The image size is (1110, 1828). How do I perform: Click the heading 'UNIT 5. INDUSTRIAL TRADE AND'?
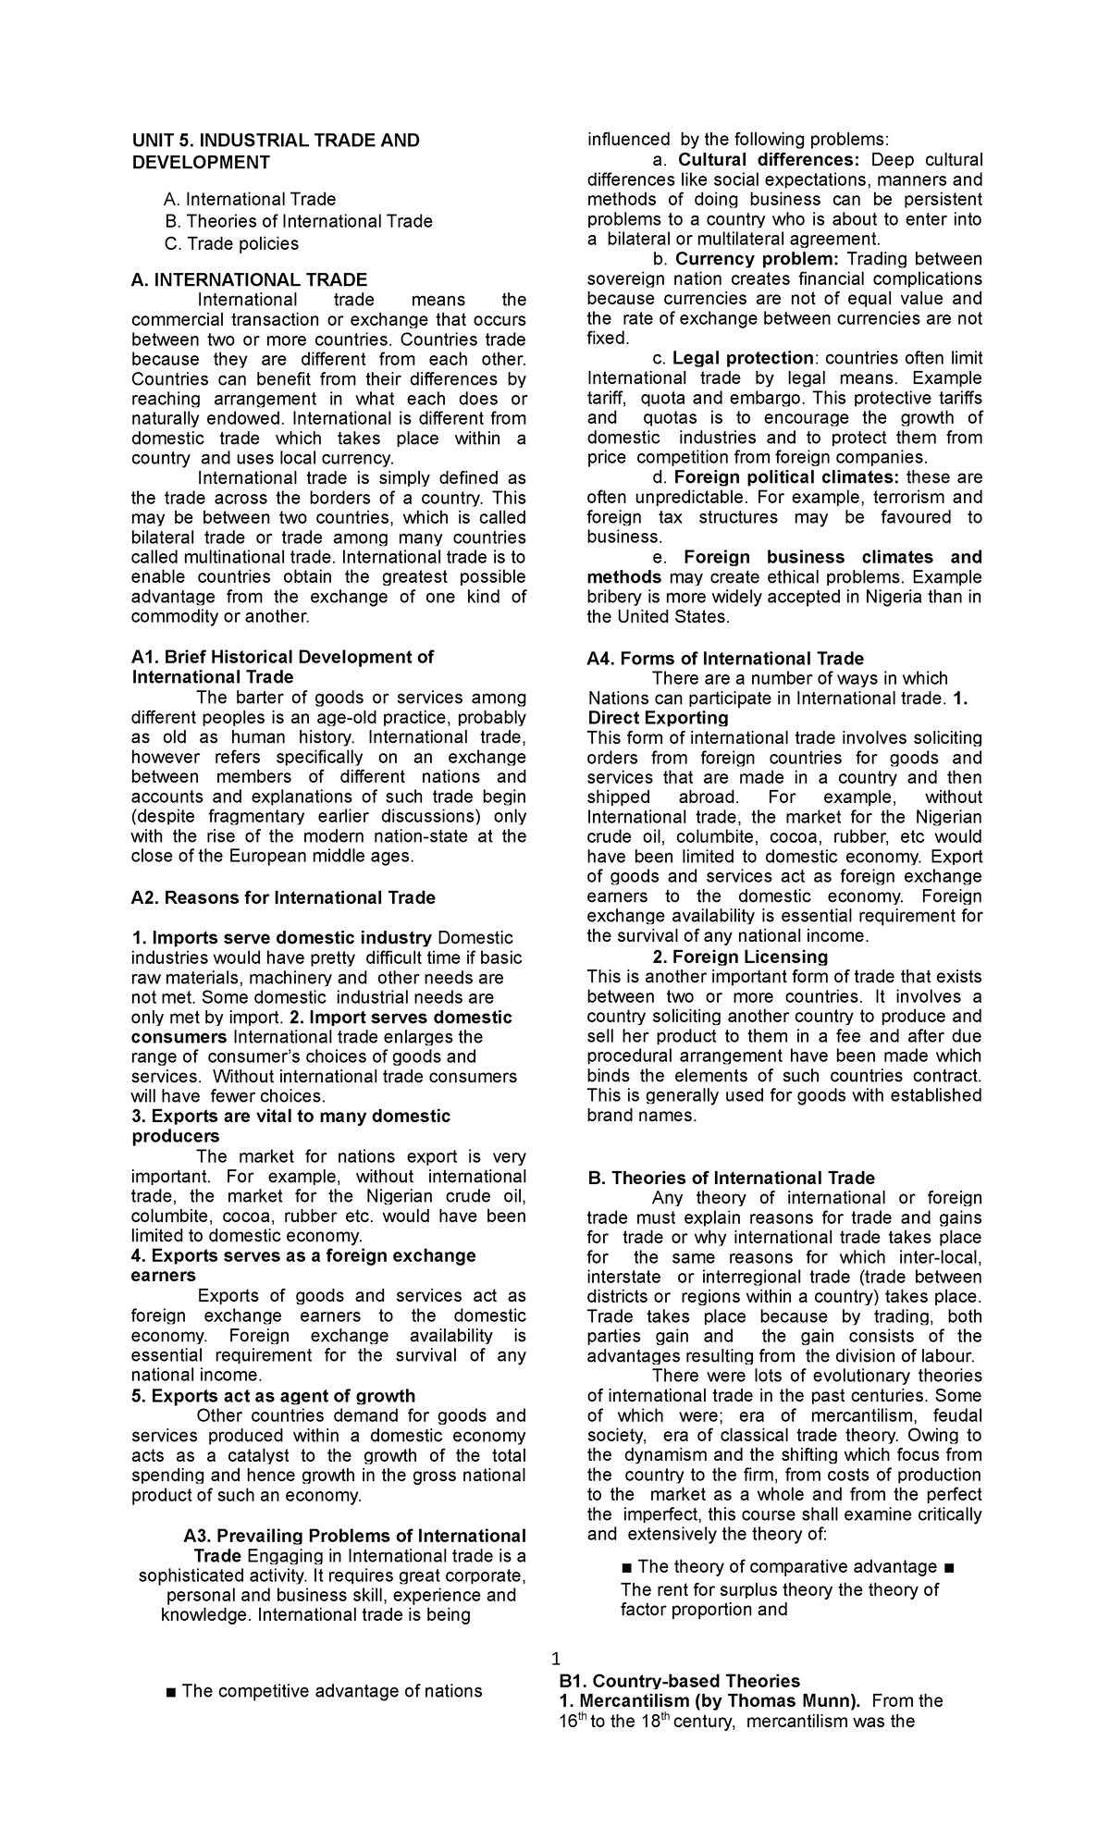pyautogui.click(x=275, y=141)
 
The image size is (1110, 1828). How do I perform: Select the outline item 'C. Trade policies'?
pyautogui.click(x=231, y=243)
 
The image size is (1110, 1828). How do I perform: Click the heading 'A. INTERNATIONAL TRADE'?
pyautogui.click(x=249, y=279)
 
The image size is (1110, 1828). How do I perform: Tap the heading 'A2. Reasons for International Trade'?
pyautogui.click(x=283, y=897)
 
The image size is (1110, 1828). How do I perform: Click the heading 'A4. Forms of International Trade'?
pyautogui.click(x=725, y=659)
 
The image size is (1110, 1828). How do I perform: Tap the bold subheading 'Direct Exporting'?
pyautogui.click(x=658, y=718)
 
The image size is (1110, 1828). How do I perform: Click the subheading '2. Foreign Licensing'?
pyautogui.click(x=739, y=957)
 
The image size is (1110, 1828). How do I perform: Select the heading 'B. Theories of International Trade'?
pyautogui.click(x=731, y=1178)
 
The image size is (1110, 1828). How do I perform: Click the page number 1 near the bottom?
pyautogui.click(x=555, y=1658)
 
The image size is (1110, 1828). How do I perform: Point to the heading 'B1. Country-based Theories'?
pyautogui.click(x=679, y=1680)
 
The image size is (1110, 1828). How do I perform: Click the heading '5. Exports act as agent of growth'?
pyautogui.click(x=273, y=1396)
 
